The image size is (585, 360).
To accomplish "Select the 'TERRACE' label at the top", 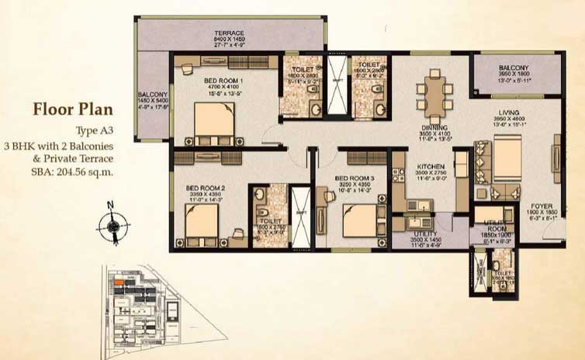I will click(x=230, y=33).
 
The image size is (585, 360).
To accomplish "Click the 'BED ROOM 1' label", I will click(x=204, y=80).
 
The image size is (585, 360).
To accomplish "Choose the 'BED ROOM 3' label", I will click(x=354, y=178).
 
